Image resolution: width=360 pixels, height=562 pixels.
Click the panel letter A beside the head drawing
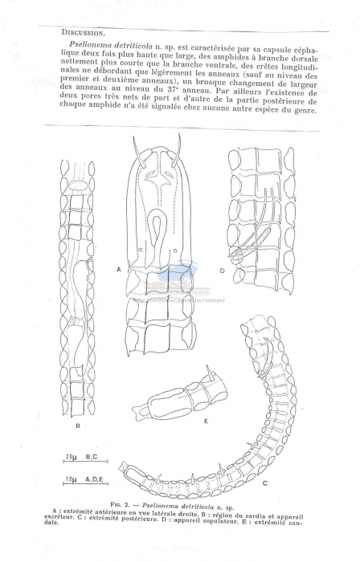[x=119, y=271]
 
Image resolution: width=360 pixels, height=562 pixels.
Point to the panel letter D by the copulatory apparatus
[x=223, y=271]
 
